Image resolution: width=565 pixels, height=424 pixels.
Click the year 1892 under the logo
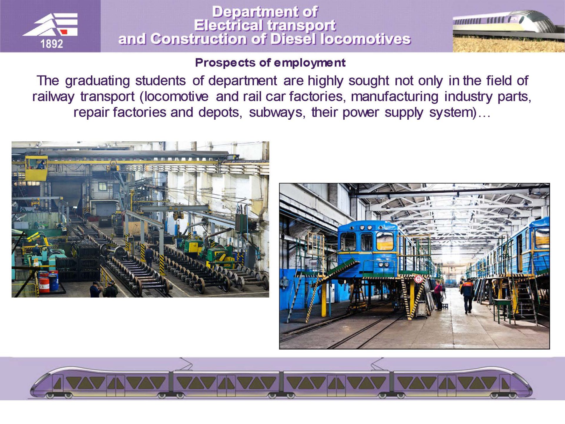click(x=51, y=44)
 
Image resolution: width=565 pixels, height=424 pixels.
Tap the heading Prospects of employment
click(x=270, y=63)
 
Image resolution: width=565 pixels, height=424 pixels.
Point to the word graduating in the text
click(x=97, y=81)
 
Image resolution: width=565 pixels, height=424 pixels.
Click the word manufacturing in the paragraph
click(x=395, y=97)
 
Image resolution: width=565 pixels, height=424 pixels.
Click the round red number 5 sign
click(x=418, y=279)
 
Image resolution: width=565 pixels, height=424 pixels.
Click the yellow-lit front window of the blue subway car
click(x=385, y=241)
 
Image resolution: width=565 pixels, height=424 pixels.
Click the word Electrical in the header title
click(x=228, y=26)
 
